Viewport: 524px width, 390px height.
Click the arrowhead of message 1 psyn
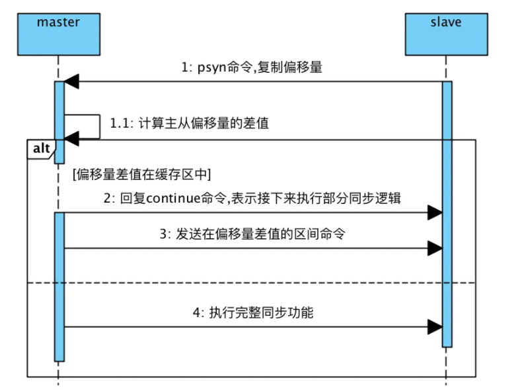click(71, 81)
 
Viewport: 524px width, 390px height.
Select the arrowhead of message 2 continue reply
click(434, 213)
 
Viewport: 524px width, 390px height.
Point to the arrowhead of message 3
click(434, 248)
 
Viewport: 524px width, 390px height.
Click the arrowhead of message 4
click(434, 326)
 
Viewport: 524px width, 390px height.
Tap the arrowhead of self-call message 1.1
click(71, 138)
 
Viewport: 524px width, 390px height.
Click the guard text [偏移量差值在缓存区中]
click(141, 175)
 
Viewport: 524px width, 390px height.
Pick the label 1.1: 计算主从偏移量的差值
click(189, 123)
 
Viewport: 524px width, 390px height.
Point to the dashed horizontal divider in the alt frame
click(251, 283)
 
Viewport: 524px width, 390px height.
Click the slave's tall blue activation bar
click(447, 212)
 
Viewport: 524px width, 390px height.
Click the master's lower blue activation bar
click(59, 285)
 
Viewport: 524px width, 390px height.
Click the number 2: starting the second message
click(108, 198)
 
